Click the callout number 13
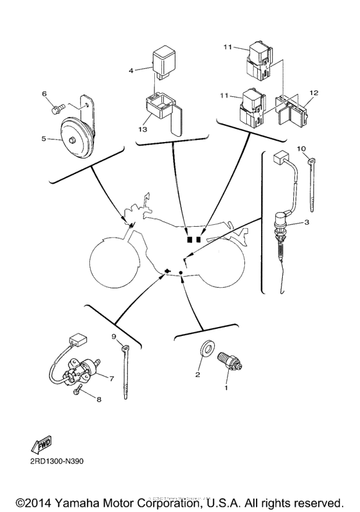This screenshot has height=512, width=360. click(x=143, y=129)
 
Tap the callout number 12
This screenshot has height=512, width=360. click(x=313, y=93)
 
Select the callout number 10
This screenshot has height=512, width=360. click(x=301, y=149)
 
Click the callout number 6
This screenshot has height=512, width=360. click(x=45, y=94)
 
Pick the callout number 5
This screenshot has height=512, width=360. click(x=44, y=137)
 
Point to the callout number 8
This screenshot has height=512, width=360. click(x=99, y=400)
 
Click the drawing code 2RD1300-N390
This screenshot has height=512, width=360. click(x=56, y=461)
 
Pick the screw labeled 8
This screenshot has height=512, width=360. click(x=78, y=389)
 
